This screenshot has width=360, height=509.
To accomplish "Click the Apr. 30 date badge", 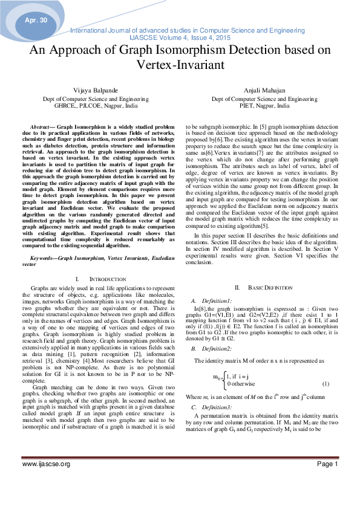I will point(36,21).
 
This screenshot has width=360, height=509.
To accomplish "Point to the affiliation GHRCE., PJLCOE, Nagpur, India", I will point(91,105).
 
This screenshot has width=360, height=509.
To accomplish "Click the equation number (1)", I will point(325,384).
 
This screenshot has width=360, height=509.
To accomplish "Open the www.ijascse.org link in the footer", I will point(46,481).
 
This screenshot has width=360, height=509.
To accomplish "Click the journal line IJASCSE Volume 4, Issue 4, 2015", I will point(180,36).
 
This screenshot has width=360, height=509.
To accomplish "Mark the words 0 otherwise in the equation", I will point(241,384).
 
